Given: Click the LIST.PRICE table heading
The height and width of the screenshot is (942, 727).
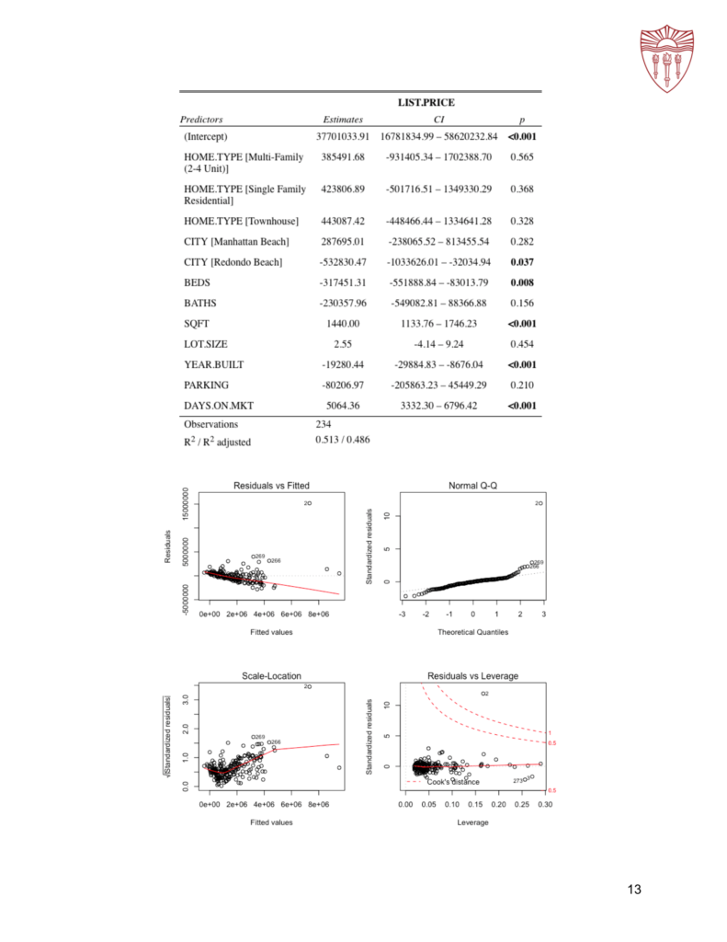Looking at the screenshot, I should (426, 102).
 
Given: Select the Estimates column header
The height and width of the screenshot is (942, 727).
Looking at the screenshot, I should (343, 120).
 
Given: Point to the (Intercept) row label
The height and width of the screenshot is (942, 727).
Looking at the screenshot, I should (212, 137).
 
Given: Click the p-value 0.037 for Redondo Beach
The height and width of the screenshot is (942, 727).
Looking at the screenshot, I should (521, 262).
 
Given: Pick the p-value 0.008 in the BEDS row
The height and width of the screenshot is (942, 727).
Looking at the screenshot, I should (521, 282).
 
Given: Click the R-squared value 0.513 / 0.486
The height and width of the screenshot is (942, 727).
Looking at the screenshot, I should (343, 442).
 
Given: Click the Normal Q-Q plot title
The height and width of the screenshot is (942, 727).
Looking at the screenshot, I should (472, 485).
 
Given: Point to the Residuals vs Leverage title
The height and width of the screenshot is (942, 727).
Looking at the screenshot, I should (472, 676).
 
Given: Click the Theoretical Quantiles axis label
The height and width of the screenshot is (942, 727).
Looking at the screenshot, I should (472, 632).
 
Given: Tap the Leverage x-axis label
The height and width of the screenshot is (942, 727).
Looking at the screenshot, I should (472, 822).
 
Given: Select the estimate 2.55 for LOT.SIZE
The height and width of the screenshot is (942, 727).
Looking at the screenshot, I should (343, 344).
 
